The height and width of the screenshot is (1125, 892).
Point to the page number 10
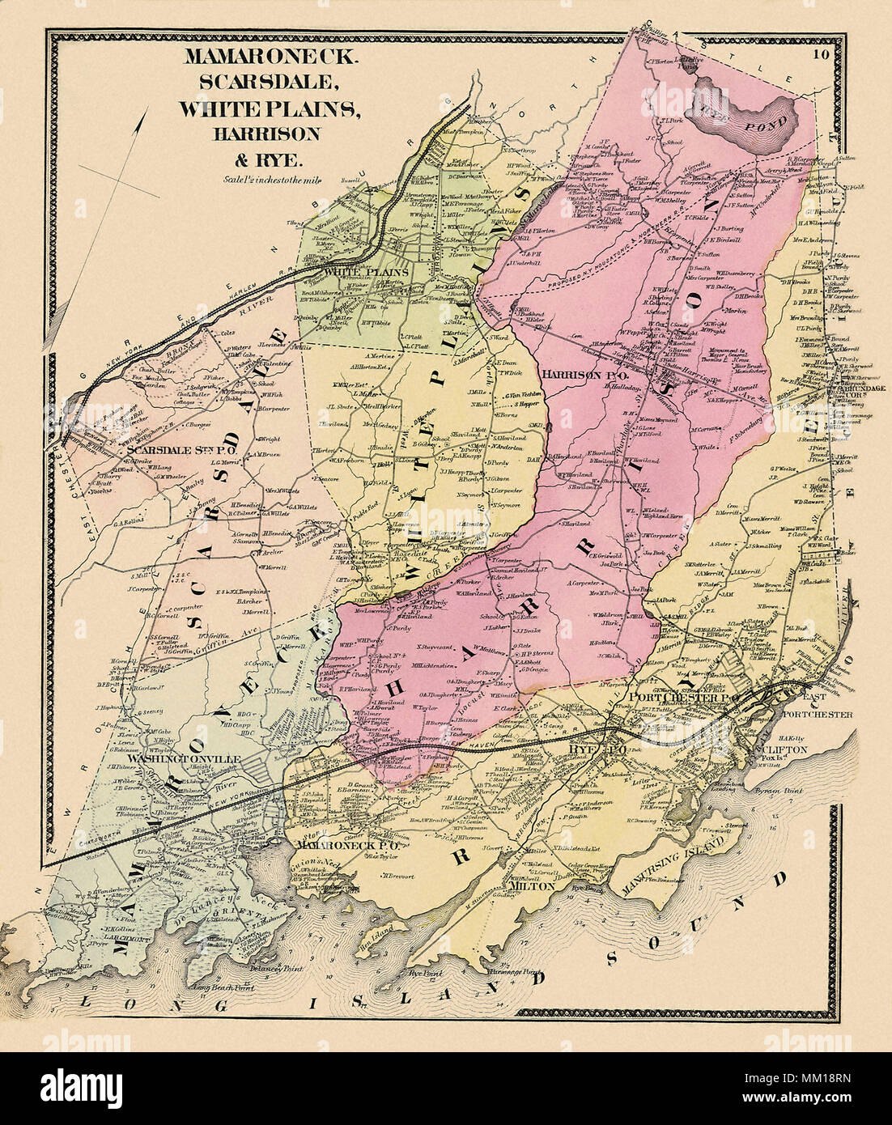pyautogui.click(x=822, y=55)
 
